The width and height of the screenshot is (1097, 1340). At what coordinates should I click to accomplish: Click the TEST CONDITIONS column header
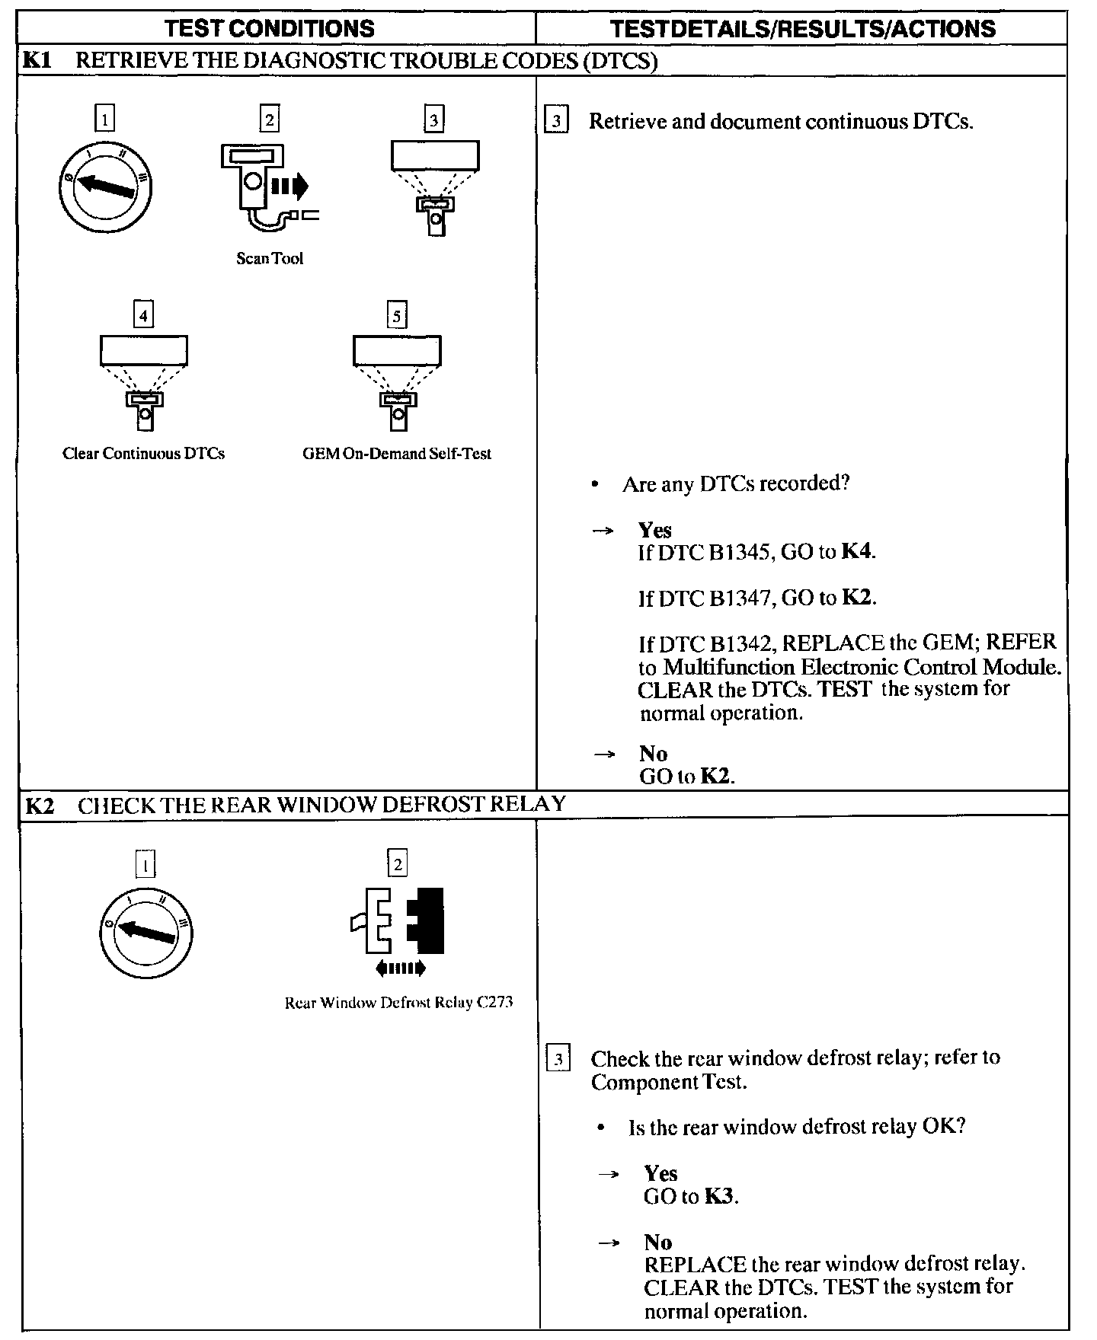[x=270, y=29]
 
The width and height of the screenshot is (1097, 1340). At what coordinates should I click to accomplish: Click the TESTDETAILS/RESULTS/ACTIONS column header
[x=802, y=29]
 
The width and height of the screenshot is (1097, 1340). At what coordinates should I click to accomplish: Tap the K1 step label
[x=37, y=61]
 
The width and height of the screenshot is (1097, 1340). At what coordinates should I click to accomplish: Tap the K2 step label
[x=40, y=805]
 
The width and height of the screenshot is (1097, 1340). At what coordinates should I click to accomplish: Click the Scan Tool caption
[x=270, y=259]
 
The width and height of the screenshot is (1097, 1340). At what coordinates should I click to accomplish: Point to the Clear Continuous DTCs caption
[x=143, y=454]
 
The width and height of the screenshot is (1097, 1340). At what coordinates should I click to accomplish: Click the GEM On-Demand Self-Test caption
[x=396, y=454]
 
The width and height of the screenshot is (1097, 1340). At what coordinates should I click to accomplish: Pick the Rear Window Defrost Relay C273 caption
[x=398, y=1003]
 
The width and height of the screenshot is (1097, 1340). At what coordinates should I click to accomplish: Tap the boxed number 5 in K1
[x=397, y=315]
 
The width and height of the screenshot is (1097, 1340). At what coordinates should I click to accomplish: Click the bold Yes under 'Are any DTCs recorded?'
[x=655, y=530]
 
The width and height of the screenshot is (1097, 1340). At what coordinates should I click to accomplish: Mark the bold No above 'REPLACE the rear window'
[x=658, y=1243]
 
